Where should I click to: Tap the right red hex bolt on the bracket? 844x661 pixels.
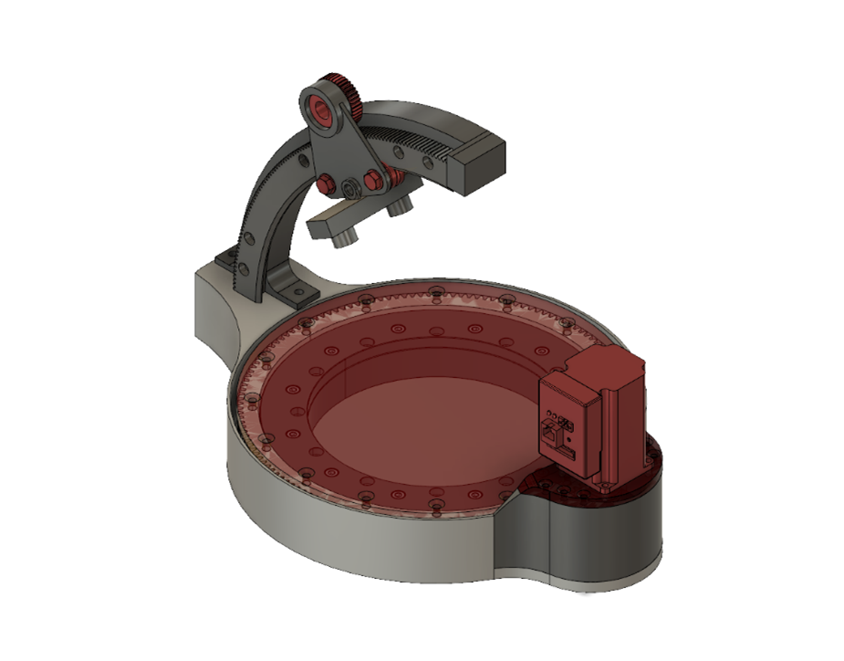[371, 181]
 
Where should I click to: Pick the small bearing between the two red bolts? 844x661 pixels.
[349, 187]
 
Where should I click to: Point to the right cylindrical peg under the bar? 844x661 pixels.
[398, 209]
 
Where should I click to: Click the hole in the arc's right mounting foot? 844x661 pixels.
[297, 290]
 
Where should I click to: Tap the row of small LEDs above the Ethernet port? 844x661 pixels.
[566, 422]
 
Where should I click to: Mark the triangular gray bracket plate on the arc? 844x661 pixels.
[340, 146]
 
